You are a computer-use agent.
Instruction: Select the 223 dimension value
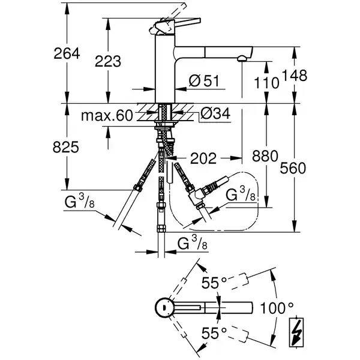click(108, 61)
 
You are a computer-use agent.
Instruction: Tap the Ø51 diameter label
click(202, 82)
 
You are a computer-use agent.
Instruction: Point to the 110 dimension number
click(266, 82)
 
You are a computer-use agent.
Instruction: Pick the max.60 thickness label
click(109, 115)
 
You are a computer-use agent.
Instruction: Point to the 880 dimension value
click(265, 157)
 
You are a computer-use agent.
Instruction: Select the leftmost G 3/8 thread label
click(79, 202)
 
